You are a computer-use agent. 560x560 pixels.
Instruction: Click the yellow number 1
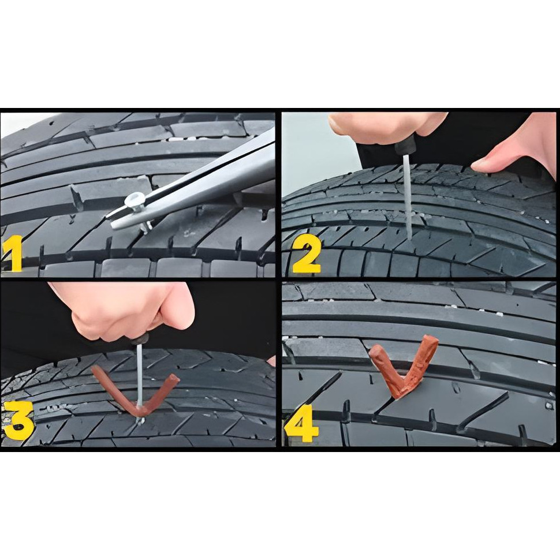pyautogui.click(x=13, y=253)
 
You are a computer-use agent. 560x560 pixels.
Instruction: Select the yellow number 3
pyautogui.click(x=18, y=421)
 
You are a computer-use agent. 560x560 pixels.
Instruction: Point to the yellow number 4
pyautogui.click(x=301, y=423)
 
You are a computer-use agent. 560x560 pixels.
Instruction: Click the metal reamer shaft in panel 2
pyautogui.click(x=407, y=197)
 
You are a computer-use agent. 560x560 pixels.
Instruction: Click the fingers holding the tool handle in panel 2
pyautogui.click(x=386, y=125)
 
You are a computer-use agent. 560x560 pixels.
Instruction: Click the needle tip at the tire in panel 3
pyautogui.click(x=140, y=420)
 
